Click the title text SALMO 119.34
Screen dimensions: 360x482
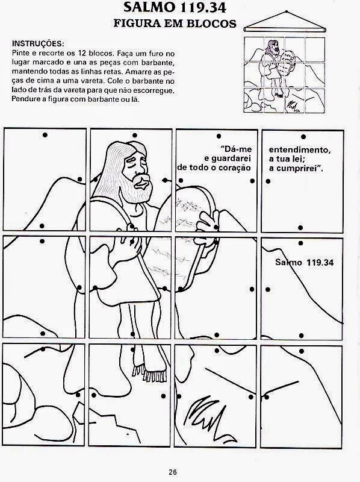[175, 8]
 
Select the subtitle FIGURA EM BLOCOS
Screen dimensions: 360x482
[175, 23]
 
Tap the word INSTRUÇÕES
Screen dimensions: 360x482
[38, 43]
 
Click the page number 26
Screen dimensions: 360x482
[173, 472]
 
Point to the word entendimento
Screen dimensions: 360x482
[299, 150]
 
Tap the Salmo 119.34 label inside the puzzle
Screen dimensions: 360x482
[304, 262]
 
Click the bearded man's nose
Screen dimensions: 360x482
[143, 184]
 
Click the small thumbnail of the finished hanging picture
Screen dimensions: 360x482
[284, 75]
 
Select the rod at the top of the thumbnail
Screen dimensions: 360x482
[285, 30]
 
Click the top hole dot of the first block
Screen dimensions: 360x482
[45, 135]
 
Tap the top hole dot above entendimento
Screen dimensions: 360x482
[303, 137]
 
